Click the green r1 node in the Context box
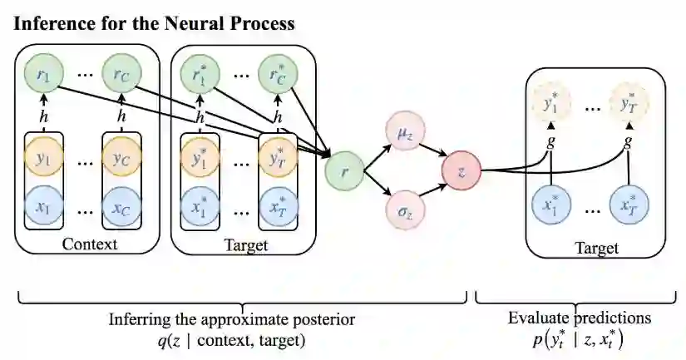click(44, 75)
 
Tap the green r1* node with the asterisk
click(198, 75)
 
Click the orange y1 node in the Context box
click(44, 156)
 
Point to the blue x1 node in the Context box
click(44, 207)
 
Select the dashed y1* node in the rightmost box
click(550, 106)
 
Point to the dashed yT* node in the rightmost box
click(629, 106)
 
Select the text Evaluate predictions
click(580, 318)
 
